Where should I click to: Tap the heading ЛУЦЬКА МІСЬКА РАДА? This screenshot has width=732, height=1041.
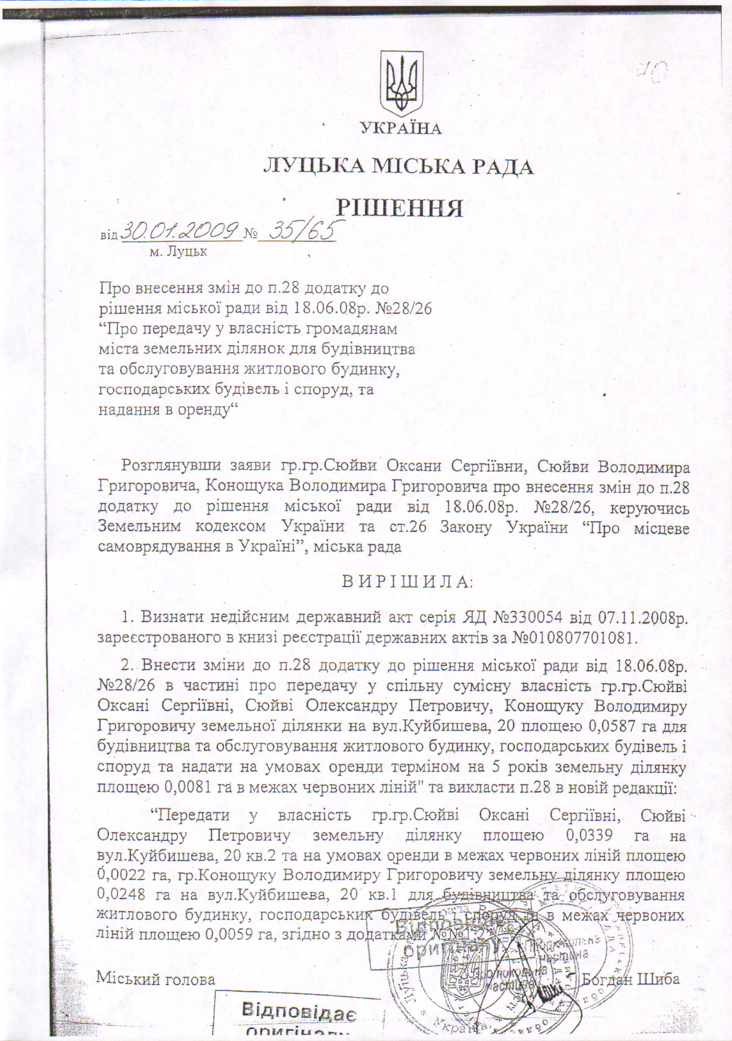pos(398,167)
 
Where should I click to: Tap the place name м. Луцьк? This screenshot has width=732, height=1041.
pos(178,252)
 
